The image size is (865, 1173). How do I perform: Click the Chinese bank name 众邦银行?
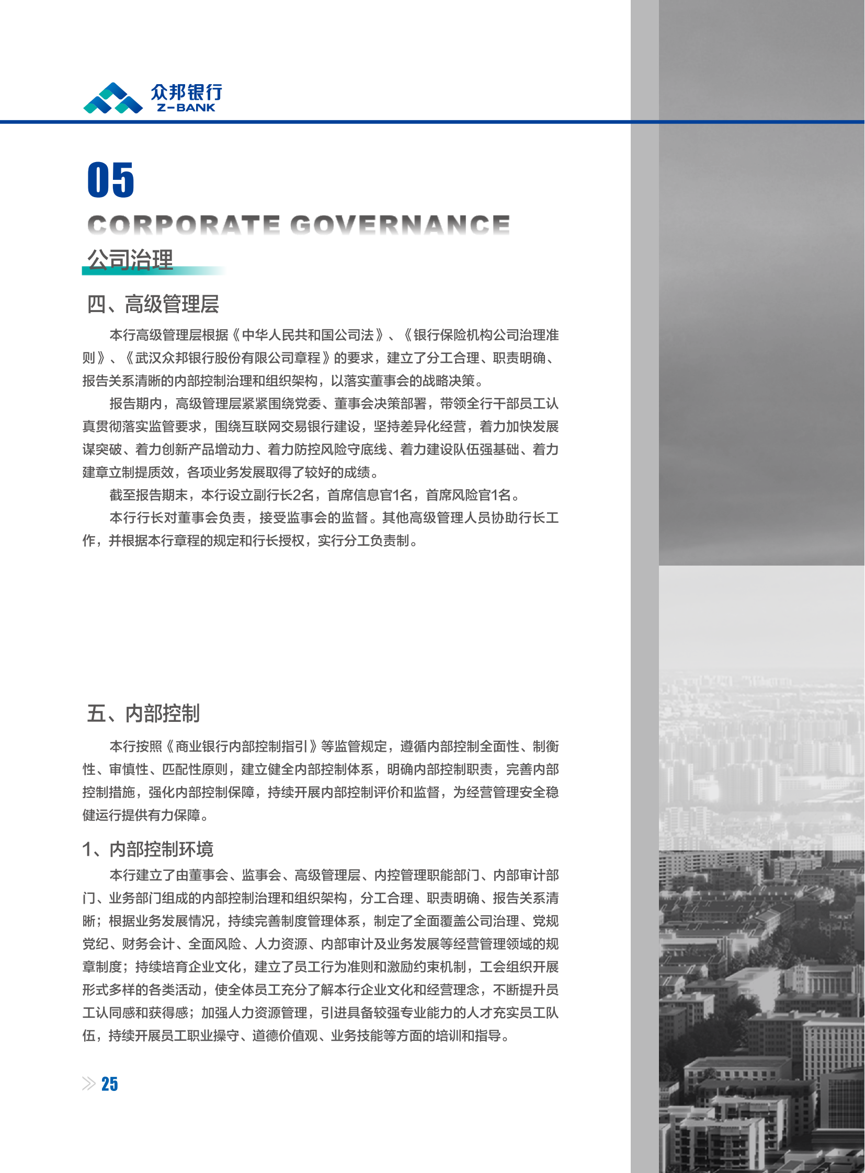186,91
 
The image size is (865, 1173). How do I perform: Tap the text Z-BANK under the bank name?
186,108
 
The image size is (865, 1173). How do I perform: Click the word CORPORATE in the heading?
183,225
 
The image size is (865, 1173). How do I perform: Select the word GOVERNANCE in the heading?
400,225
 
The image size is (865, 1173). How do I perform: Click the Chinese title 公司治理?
130,259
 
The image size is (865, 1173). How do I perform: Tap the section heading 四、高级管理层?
152,304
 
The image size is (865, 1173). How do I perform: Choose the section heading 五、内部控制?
143,713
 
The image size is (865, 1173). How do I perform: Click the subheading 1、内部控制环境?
147,848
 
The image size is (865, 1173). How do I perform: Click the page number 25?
109,1084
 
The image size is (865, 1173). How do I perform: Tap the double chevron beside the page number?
88,1084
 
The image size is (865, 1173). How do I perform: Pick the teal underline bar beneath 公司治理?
153,271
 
